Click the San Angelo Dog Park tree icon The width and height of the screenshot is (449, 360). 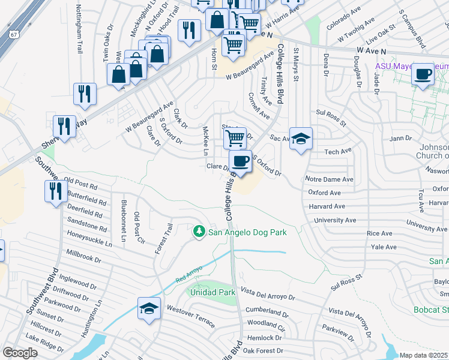coord(199,231)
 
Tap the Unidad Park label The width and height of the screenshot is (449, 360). coord(212,292)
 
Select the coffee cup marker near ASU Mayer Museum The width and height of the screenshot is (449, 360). coord(423,74)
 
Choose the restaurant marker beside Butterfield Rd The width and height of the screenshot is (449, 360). coord(55,191)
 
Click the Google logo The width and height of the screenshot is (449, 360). coord(20,353)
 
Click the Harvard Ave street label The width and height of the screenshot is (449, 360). coord(327,206)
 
